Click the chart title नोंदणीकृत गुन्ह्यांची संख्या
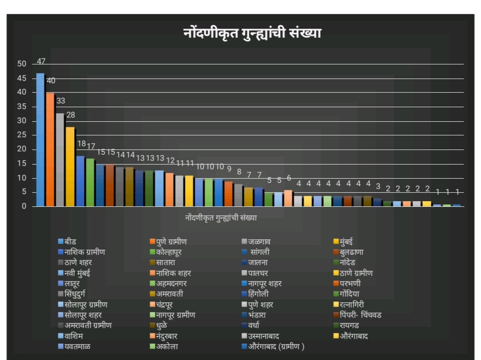tap(252, 34)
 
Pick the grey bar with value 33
tap(60, 160)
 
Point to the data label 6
tap(289, 178)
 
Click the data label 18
tap(81, 144)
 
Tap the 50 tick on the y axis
tap(22, 64)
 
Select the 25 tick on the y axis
tap(22, 135)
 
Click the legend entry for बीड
tap(70, 242)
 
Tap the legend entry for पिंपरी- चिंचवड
tap(360, 314)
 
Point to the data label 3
tap(378, 186)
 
